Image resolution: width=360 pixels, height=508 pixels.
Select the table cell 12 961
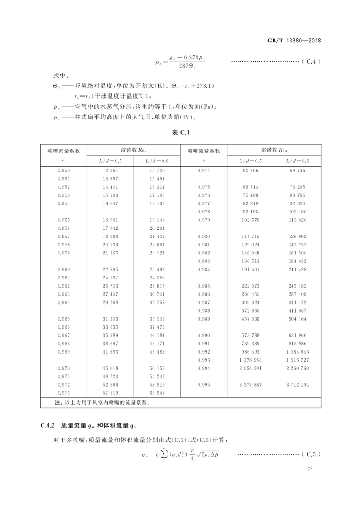tap(111, 170)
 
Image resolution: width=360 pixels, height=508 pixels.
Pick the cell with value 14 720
tap(157, 170)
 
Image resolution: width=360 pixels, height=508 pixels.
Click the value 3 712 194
tap(297, 385)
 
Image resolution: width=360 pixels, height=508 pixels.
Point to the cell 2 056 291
tap(250, 368)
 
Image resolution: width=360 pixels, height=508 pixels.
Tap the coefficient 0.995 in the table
tap(204, 385)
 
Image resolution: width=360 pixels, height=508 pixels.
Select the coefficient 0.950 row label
tap(63, 170)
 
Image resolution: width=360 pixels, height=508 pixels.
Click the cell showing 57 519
tap(111, 393)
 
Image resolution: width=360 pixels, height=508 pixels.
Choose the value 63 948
tap(157, 393)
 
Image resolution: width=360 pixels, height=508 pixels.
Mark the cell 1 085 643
tap(297, 352)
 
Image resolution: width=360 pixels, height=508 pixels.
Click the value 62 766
tap(250, 170)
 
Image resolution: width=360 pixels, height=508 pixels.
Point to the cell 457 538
tap(250, 319)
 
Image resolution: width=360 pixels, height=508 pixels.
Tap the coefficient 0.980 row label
tap(204, 236)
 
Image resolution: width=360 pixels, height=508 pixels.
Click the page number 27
tap(310, 468)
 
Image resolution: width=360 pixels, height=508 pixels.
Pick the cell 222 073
tap(250, 286)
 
